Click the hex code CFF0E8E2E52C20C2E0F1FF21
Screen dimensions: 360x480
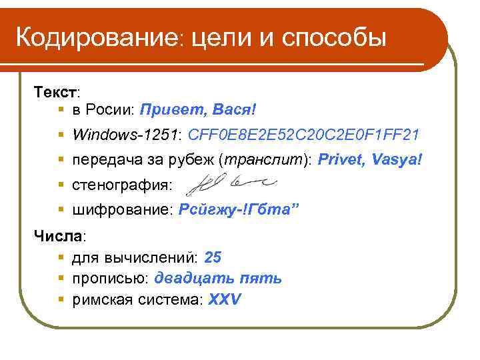(304, 135)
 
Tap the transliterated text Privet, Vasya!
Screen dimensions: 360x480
(370, 161)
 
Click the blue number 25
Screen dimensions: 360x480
(213, 257)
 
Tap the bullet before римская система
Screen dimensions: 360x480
(61, 299)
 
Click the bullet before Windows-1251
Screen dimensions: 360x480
(61, 135)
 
